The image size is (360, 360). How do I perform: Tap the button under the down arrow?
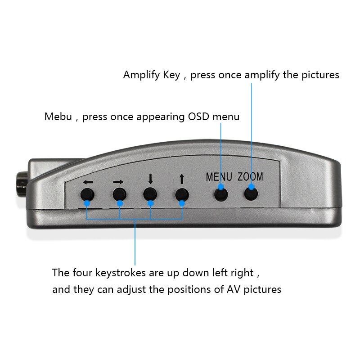(x=150, y=194)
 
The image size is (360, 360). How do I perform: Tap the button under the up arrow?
(x=181, y=194)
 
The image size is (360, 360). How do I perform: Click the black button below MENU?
(x=220, y=194)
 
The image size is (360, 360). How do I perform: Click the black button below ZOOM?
(x=251, y=193)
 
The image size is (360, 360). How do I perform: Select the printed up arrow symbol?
(x=181, y=179)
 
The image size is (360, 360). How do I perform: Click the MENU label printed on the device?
(x=219, y=177)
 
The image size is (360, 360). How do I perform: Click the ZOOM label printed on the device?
(x=250, y=177)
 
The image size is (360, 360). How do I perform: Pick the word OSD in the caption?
(x=197, y=117)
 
